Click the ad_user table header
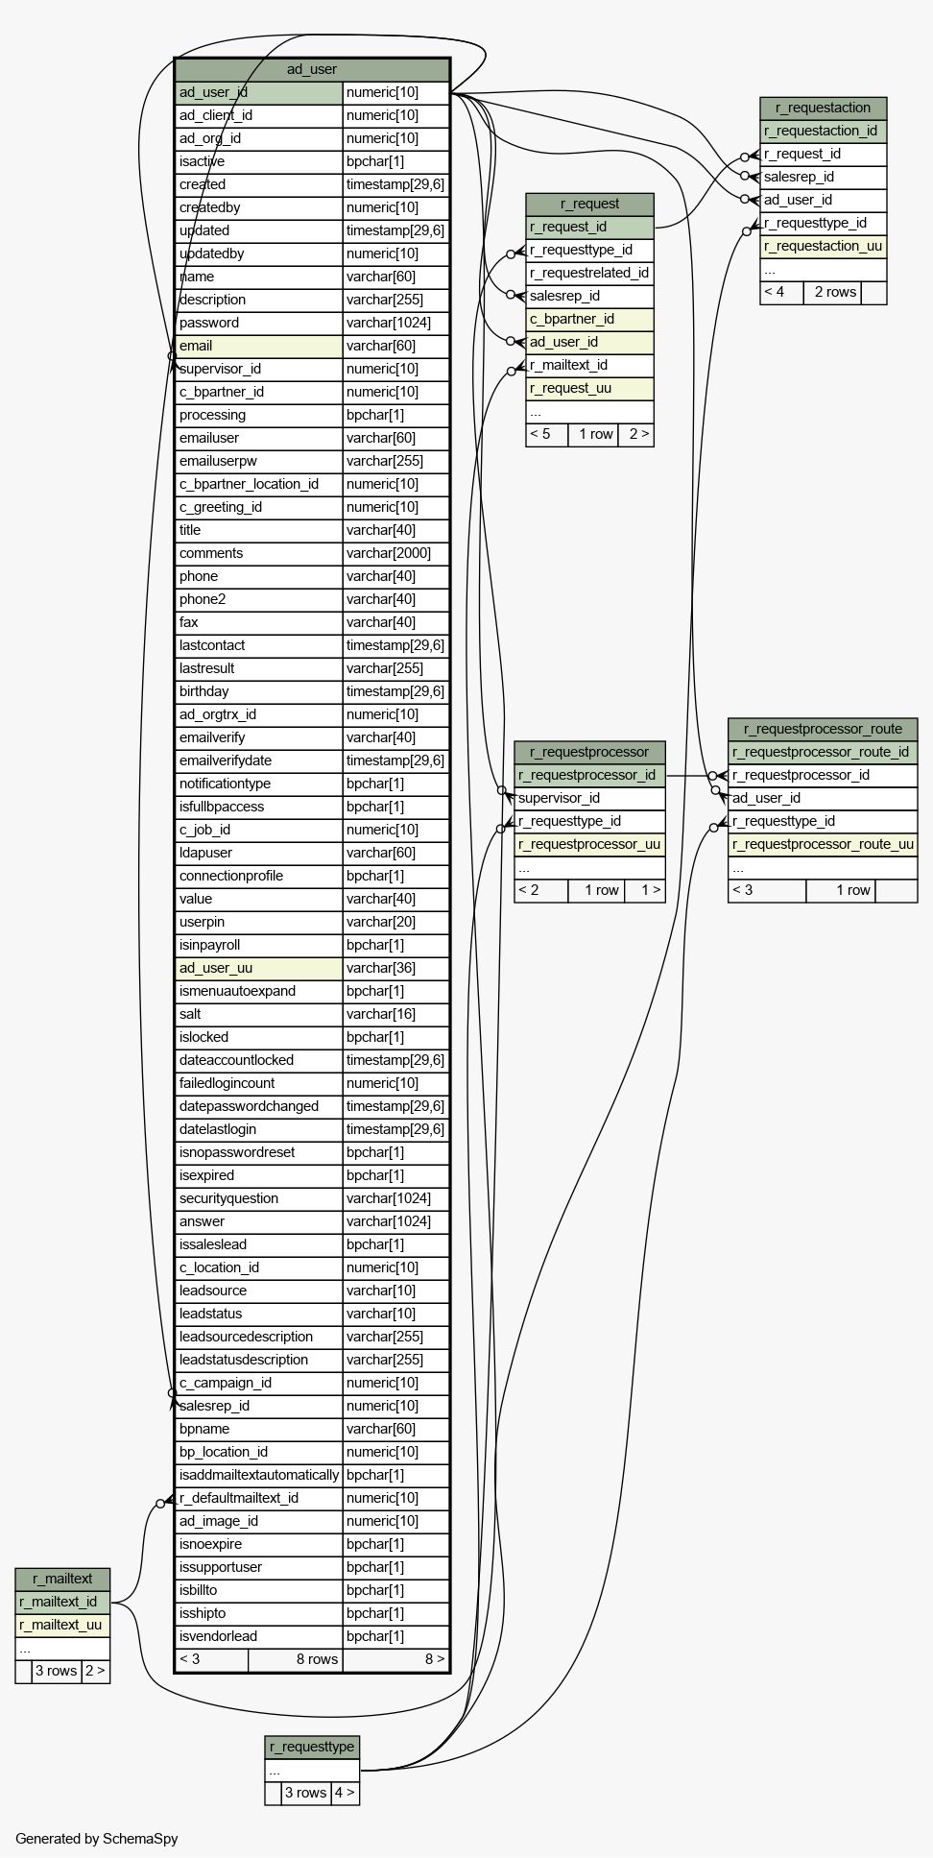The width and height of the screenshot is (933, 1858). click(x=312, y=69)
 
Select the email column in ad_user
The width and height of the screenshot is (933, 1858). click(x=259, y=346)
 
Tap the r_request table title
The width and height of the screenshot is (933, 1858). click(x=589, y=204)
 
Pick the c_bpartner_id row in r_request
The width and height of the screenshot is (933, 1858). click(x=589, y=319)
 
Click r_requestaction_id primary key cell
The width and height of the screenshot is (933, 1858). click(x=823, y=131)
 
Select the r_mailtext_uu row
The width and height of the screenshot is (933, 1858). click(x=62, y=1625)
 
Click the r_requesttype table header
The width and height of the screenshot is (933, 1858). click(x=312, y=1747)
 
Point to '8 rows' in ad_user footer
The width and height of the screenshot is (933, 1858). click(x=317, y=1659)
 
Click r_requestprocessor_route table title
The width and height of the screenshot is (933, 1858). click(x=823, y=729)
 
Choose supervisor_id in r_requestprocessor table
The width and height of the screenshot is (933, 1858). click(x=589, y=798)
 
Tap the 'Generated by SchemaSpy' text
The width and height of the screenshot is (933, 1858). click(x=96, y=1839)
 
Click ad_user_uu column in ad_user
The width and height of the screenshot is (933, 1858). click(x=259, y=968)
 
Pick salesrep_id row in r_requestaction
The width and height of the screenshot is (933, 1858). click(x=823, y=177)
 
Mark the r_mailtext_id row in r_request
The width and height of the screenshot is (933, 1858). click(x=589, y=365)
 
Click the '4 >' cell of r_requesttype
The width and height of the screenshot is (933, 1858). click(x=345, y=1793)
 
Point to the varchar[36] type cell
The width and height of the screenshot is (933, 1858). click(x=395, y=968)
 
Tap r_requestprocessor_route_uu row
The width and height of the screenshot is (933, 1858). click(x=823, y=844)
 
